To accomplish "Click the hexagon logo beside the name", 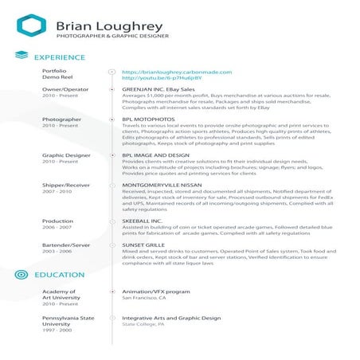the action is click(30, 26).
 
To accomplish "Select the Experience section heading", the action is click(60, 58).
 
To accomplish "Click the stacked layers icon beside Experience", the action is click(22, 57).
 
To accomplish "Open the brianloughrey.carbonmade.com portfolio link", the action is click(176, 72).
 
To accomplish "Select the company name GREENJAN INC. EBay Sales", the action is click(159, 90).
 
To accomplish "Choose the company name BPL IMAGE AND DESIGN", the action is click(155, 155).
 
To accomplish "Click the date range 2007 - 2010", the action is click(57, 191).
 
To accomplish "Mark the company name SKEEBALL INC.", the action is click(143, 221).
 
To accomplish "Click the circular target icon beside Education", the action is click(22, 275).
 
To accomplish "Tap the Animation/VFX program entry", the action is click(155, 292).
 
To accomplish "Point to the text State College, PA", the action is click(143, 325).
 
